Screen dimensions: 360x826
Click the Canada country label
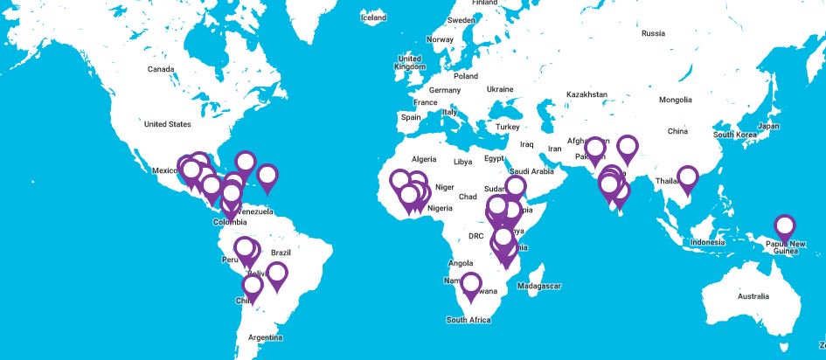161,69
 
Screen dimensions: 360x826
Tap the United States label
167,124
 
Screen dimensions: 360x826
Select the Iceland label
373,17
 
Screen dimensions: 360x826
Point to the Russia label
653,34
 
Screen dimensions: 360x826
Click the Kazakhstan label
587,93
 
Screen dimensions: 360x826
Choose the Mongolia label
675,100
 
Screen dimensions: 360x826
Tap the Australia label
753,297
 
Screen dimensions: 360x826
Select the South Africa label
469,321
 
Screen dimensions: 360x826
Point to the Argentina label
265,337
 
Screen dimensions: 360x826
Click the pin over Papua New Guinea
785,226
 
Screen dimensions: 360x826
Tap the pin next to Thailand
689,177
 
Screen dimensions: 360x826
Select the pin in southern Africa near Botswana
472,284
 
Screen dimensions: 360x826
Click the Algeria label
423,160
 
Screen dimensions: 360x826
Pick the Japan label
768,127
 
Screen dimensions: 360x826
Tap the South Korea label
733,135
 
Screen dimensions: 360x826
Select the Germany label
444,90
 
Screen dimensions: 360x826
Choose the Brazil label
281,253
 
